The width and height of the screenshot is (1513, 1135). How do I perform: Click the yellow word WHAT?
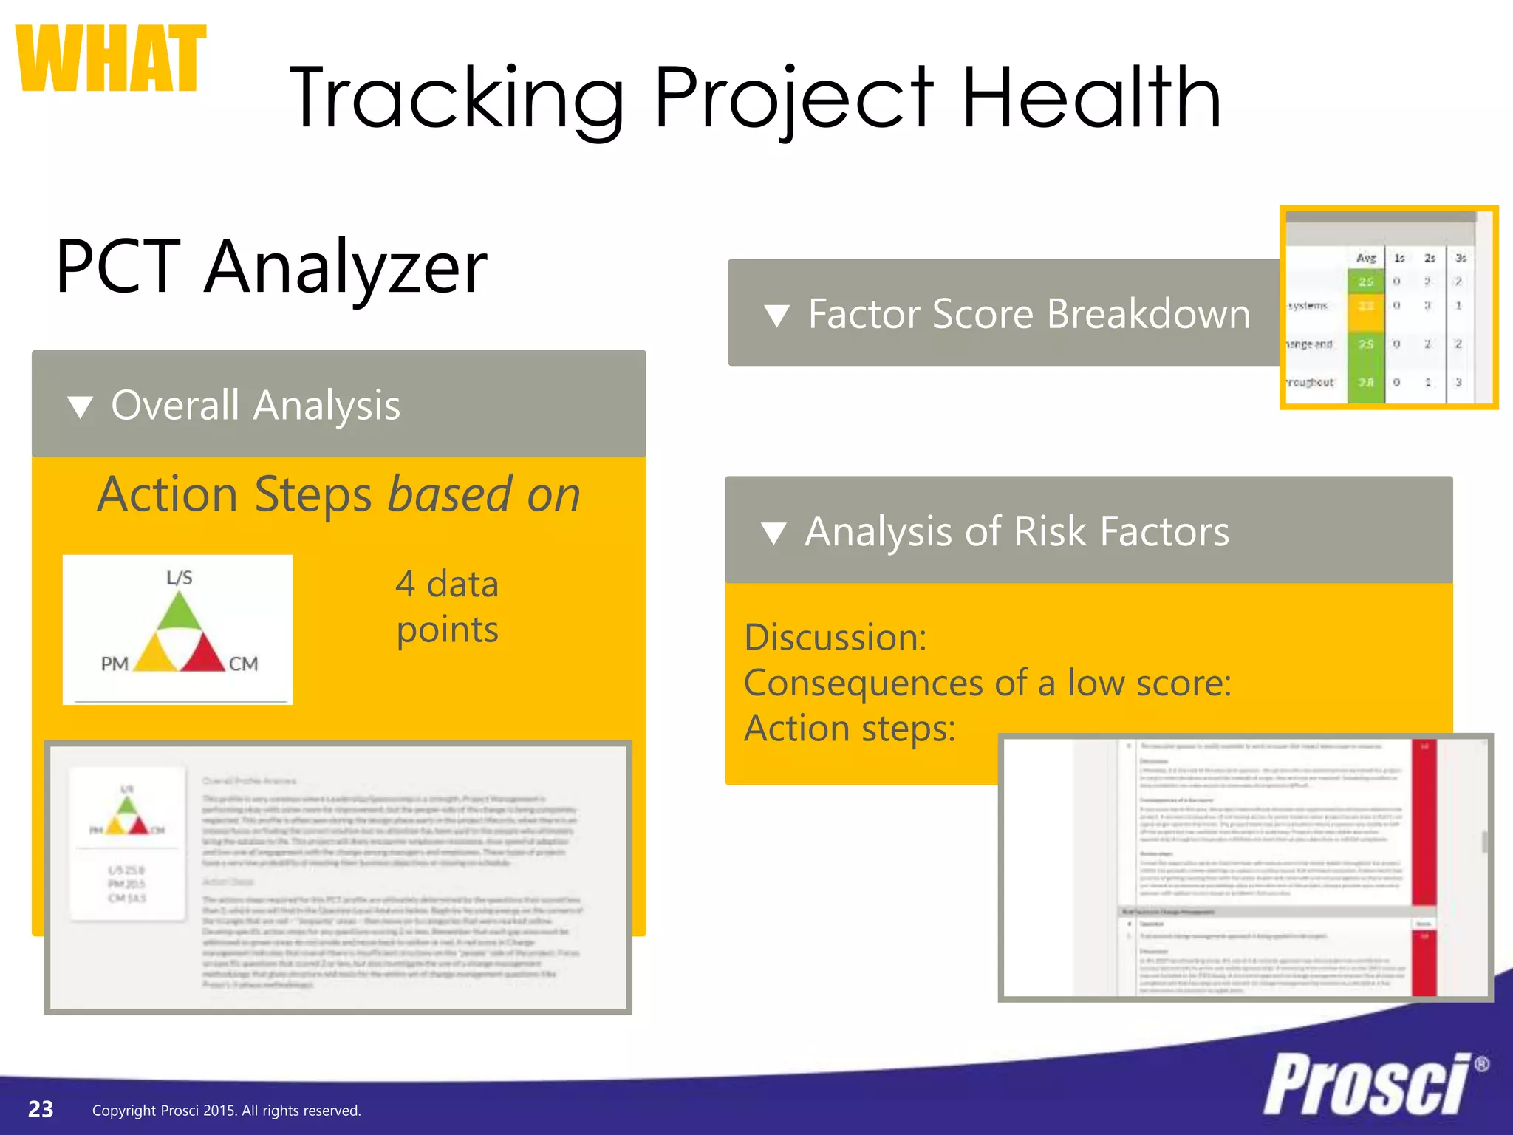(111, 59)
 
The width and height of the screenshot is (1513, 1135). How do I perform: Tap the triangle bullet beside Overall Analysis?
(80, 406)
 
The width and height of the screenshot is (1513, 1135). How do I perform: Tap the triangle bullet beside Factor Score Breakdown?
(776, 316)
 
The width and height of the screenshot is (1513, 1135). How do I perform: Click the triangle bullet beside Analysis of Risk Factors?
(773, 533)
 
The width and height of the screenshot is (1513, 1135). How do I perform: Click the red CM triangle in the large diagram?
(202, 654)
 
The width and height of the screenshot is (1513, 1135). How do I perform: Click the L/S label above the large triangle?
(179, 578)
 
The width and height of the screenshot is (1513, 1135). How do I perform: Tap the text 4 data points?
(447, 607)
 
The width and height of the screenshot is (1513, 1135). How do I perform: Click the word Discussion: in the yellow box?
(835, 637)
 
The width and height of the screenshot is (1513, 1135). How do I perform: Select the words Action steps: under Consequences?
(849, 729)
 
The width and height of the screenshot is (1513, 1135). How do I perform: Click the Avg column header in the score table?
(1366, 258)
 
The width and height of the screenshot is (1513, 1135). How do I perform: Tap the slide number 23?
(41, 1109)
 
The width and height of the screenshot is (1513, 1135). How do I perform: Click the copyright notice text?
(226, 1111)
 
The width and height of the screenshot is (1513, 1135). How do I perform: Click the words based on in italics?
(484, 494)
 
